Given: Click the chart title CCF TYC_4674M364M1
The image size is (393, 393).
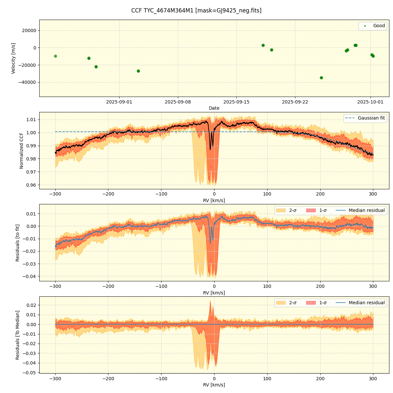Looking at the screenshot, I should coord(196,10).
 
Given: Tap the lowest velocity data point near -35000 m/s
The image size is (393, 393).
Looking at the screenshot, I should coord(321,78).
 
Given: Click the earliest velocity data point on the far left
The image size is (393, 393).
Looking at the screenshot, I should coord(55,56).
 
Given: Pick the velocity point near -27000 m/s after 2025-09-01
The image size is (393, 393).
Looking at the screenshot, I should coord(138,71).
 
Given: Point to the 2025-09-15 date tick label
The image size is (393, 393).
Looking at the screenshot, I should coord(236,102).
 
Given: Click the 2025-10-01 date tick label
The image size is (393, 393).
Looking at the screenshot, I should coord(370,102).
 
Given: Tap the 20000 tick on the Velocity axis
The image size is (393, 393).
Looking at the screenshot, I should coord(28,30).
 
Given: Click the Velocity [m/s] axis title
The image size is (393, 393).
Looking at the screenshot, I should coord(13,58).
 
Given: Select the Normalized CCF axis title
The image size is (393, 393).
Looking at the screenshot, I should coord(22,151).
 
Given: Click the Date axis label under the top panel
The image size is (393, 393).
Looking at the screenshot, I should coord(214,108).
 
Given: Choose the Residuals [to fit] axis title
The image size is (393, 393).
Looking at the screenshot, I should coord(18,243).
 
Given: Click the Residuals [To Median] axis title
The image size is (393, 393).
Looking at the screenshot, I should coord(18,335).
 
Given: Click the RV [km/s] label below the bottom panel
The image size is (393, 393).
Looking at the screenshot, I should coord(214,385).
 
